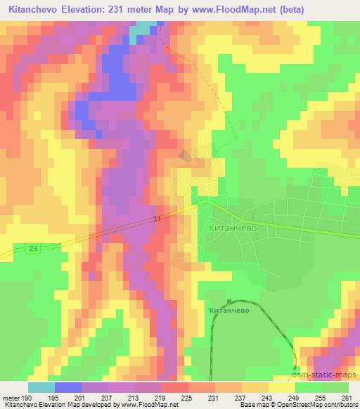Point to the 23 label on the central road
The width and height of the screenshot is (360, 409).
pyautogui.click(x=156, y=221)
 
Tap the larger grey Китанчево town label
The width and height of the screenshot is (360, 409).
pyautogui.click(x=235, y=228)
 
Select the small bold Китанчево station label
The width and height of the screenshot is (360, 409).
pyautogui.click(x=229, y=309)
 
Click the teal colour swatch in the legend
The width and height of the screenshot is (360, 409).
pyautogui.click(x=41, y=387)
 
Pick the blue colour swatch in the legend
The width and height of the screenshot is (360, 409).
pyautogui.click(x=67, y=387)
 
